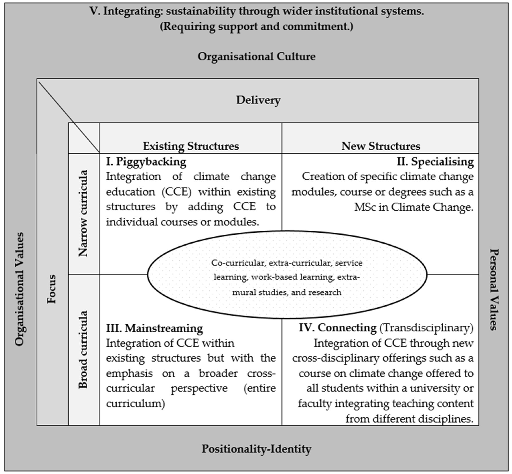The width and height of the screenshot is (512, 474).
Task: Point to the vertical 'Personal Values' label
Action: [x=494, y=289]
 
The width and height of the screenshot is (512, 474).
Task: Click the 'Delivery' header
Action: [x=258, y=100]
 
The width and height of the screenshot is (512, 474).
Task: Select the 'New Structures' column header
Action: [x=381, y=146]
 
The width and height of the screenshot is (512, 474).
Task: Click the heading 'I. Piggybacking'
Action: [x=146, y=162]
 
